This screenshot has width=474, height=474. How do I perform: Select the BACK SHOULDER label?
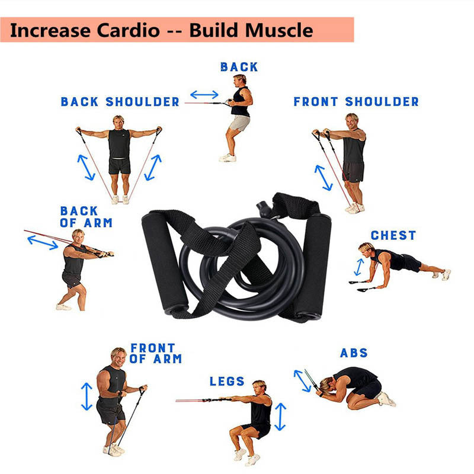point(120,102)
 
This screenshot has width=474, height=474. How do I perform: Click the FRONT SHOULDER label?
point(356,102)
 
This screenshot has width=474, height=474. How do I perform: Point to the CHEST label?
point(393,235)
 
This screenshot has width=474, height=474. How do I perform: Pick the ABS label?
point(354,353)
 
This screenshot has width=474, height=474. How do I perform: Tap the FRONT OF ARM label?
point(156,353)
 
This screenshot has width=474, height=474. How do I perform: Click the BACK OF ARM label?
point(86,217)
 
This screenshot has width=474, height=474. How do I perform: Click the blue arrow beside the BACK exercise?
point(204,94)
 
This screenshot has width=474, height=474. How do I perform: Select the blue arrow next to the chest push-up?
point(358,267)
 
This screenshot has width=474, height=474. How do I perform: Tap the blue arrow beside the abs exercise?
point(302,381)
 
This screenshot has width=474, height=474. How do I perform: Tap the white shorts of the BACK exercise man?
point(240,123)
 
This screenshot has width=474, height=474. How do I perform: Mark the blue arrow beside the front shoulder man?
point(324,177)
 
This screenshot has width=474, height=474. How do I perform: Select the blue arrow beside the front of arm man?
point(87,396)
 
